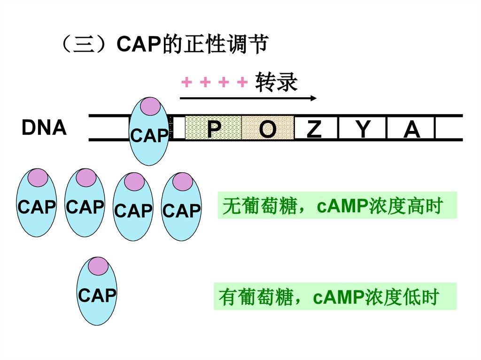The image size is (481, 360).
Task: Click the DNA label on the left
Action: pos(44,128)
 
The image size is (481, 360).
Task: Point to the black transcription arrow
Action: pos(248,98)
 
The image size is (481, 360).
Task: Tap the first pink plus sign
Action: pos(186,83)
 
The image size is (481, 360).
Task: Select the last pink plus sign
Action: pos(242,83)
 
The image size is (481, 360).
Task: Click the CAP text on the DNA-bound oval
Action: pos(149,136)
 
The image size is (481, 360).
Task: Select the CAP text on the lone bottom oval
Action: pos(97,296)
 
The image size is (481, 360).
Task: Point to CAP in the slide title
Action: pos(138,45)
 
